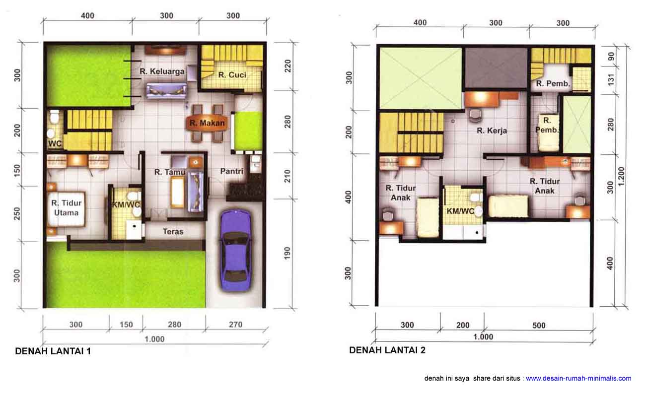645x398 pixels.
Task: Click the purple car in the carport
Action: (x=235, y=251)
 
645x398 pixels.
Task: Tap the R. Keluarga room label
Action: (x=162, y=71)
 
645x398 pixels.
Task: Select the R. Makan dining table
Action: (x=207, y=123)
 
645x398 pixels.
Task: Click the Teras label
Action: (x=173, y=232)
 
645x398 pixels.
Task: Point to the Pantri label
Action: (x=232, y=171)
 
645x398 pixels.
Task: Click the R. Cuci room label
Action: (x=232, y=75)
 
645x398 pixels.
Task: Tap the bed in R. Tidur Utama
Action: (x=66, y=209)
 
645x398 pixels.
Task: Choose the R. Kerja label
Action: (x=492, y=131)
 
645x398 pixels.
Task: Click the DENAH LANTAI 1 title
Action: (x=53, y=351)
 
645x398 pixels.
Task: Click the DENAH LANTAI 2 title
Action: (x=387, y=350)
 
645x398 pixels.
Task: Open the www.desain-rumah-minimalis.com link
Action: (x=578, y=379)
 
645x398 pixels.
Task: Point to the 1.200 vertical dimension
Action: (x=621, y=176)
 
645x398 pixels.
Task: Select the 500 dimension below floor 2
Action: (x=539, y=326)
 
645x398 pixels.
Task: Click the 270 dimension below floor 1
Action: (x=235, y=325)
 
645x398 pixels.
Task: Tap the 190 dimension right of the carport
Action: (x=287, y=253)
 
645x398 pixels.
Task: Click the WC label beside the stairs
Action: (x=55, y=143)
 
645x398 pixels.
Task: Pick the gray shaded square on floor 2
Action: (x=496, y=68)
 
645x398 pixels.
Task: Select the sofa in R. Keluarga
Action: (x=166, y=91)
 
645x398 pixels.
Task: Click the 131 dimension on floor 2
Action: (x=611, y=80)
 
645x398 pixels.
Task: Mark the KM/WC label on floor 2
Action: (x=460, y=211)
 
